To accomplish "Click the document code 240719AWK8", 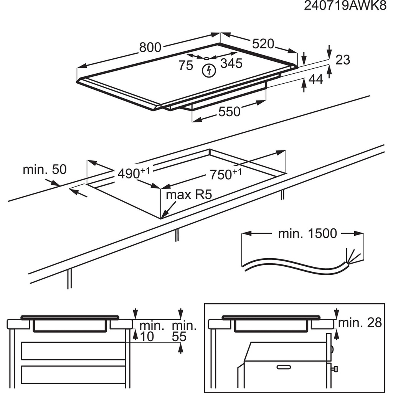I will tap(345, 6).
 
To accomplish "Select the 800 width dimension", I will tap(150, 47).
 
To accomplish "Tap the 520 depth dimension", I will tap(263, 44).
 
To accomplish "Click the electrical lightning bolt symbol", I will tap(208, 70).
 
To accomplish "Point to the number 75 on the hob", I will tap(186, 66).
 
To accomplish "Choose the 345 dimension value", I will tap(231, 63).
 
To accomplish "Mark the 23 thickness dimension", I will tap(343, 60).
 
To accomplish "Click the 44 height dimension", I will tap(316, 79).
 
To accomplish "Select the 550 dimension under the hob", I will tap(229, 111).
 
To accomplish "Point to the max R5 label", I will tap(188, 195).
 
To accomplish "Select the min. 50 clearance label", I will tap(45, 169).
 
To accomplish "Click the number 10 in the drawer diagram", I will tap(148, 337).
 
